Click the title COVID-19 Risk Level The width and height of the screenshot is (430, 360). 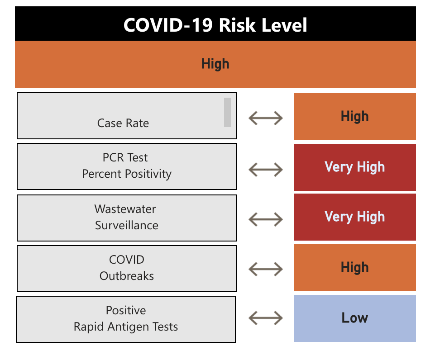pyautogui.click(x=215, y=25)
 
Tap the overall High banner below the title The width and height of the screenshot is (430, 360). pyautogui.click(x=215, y=64)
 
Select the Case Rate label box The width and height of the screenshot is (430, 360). pyautogui.click(x=123, y=116)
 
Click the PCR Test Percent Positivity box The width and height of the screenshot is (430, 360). pyautogui.click(x=127, y=166)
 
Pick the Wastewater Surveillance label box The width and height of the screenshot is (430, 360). pyautogui.click(x=127, y=218)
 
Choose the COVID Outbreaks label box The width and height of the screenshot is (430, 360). pyautogui.click(x=127, y=268)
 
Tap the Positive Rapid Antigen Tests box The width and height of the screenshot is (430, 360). pyautogui.click(x=126, y=319)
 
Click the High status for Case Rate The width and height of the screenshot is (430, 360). pyautogui.click(x=355, y=117)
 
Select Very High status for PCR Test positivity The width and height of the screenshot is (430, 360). pyautogui.click(x=355, y=167)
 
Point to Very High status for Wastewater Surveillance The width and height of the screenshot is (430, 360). pyautogui.click(x=355, y=217)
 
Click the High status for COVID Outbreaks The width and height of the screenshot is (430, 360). pyautogui.click(x=355, y=268)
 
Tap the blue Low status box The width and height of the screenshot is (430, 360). pyautogui.click(x=355, y=318)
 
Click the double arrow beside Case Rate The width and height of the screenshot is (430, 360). pyautogui.click(x=266, y=118)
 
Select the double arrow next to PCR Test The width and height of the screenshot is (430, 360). pyautogui.click(x=266, y=170)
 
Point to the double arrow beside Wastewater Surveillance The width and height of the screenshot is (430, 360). pyautogui.click(x=266, y=220)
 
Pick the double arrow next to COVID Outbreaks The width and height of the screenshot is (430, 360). pyautogui.click(x=266, y=270)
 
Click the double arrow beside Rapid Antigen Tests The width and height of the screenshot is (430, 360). pyautogui.click(x=266, y=318)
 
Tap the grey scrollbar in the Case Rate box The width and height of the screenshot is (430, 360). pyautogui.click(x=228, y=112)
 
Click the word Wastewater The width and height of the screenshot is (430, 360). pyautogui.click(x=125, y=209)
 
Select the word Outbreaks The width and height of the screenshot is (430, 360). pyautogui.click(x=127, y=276)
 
